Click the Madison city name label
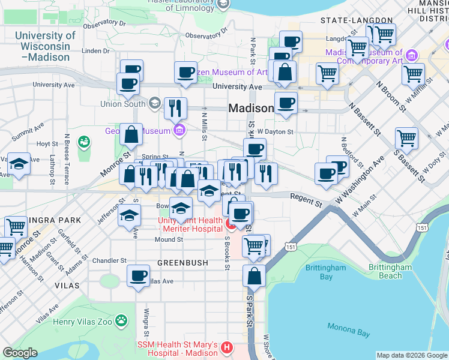click(250, 108)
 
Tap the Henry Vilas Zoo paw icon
click(122, 320)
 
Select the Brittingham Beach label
click(394, 271)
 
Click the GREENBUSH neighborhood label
click(182, 263)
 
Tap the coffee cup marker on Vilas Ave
click(139, 275)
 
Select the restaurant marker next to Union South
click(175, 108)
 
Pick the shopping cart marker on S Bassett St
click(406, 138)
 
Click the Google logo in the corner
click(20, 353)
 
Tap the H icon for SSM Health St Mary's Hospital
click(226, 347)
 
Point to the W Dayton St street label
click(275, 131)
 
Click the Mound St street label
click(169, 239)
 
